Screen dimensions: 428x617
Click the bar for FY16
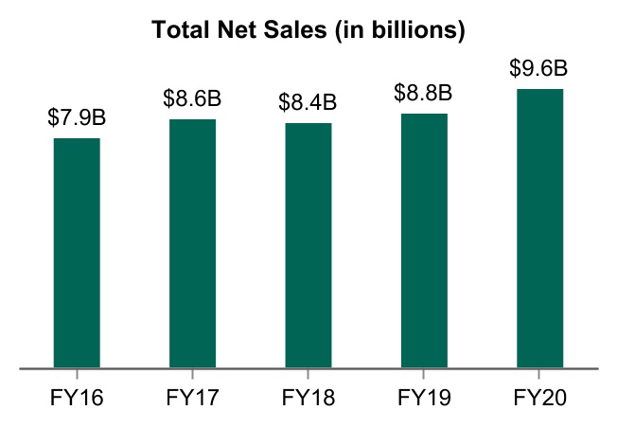coord(77,252)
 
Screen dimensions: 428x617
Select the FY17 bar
coord(193,242)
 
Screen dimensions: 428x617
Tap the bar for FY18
coord(308,244)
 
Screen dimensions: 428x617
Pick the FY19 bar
coord(424,240)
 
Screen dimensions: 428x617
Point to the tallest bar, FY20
coord(540,227)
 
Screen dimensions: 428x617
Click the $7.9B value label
coord(77,119)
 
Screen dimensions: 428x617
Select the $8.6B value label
coord(193,99)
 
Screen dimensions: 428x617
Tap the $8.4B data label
coord(308,103)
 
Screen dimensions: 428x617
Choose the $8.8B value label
coord(424,94)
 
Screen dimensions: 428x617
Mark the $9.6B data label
coord(539,69)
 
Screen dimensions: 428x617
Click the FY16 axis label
coord(77,397)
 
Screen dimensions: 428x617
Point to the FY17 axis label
coord(193,397)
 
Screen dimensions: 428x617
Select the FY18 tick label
coord(308,397)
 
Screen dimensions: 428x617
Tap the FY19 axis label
coord(424,397)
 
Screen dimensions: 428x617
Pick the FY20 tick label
coord(540,397)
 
